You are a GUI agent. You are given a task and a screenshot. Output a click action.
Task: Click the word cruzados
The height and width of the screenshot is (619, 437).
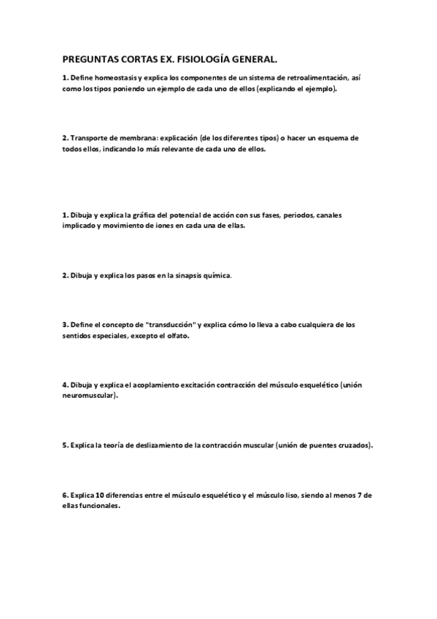click(352, 445)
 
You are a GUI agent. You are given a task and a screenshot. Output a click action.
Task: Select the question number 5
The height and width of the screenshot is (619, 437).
click(65, 445)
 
